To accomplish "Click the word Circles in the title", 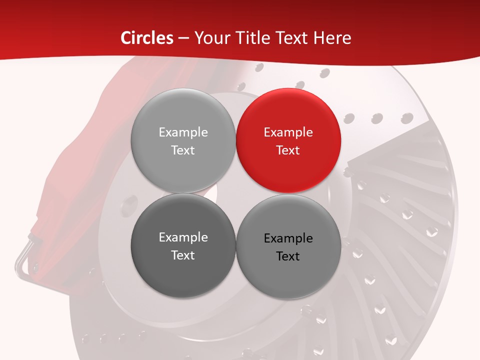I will point(147,38).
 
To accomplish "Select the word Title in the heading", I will point(256,38).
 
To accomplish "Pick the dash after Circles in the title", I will point(183,38).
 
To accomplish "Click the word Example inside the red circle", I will point(288,132).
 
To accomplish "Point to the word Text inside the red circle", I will point(288,150).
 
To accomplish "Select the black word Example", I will point(288,238).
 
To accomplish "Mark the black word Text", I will point(288,256).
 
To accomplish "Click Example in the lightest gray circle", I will point(183,132).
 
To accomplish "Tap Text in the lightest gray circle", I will point(183,150).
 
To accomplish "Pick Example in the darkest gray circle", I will point(183,237).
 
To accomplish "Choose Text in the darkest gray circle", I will point(183,255).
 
